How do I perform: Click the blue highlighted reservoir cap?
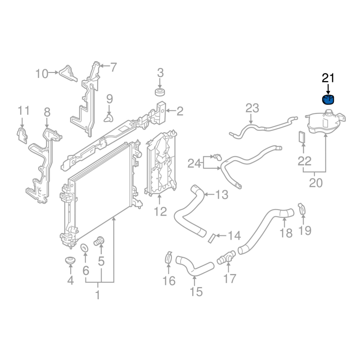pos(328,99)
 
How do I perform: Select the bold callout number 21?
pos(328,78)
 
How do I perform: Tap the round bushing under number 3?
pos(160,92)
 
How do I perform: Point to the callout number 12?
pos(160,211)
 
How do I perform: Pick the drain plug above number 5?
pos(99,241)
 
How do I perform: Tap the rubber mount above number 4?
pos(70,261)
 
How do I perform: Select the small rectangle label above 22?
pos(302,137)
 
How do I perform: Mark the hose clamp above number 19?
pos(302,209)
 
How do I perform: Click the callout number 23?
pos(252,108)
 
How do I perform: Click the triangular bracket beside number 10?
pos(68,73)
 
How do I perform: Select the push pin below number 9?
pos(108,118)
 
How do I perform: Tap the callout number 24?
pos(194,164)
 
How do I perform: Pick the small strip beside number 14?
pos(211,238)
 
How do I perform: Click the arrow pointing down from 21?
pos(328,89)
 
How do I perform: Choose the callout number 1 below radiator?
pos(98,295)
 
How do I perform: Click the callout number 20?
pos(316,183)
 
